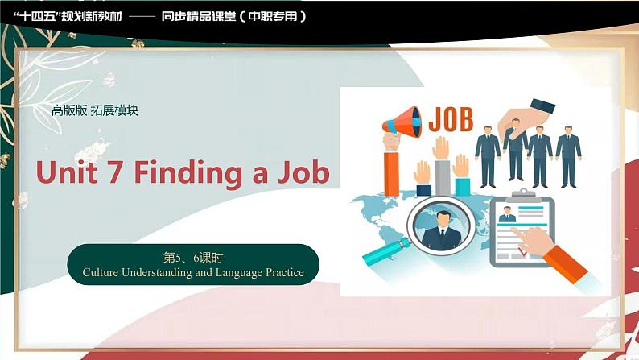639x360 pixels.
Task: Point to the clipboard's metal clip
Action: pos(524,196)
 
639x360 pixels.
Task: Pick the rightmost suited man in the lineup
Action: pos(568,153)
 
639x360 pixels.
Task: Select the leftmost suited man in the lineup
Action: pos(487,153)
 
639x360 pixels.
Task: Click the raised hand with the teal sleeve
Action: pos(461,172)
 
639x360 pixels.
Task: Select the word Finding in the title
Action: pos(192,172)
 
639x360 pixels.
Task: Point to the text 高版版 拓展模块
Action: pos(94,110)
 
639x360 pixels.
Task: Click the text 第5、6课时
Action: pos(192,259)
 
